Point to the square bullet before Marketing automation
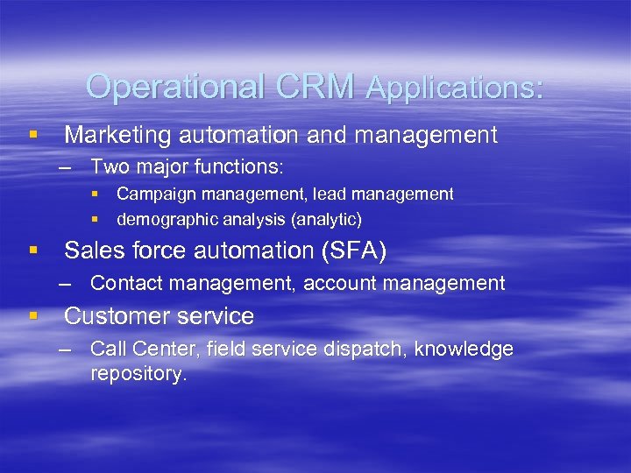click(x=33, y=135)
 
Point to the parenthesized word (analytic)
click(x=322, y=218)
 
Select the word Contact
click(x=124, y=283)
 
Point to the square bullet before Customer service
click(x=33, y=315)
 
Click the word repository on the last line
click(x=138, y=375)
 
